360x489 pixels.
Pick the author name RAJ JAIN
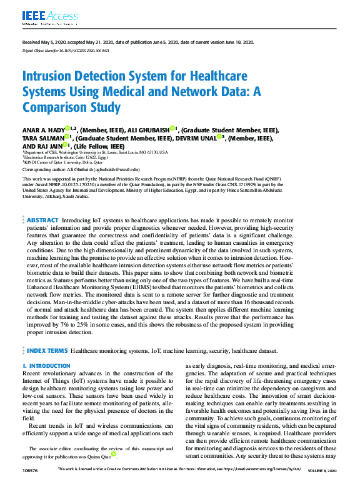pos(48,146)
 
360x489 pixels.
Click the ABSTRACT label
pos(42,185)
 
